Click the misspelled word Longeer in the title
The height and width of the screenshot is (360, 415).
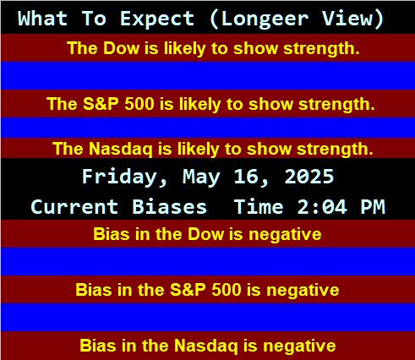[265, 19]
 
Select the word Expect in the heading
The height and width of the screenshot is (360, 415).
[157, 19]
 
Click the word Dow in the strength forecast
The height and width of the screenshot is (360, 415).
[121, 48]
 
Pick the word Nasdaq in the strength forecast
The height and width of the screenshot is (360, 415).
[121, 149]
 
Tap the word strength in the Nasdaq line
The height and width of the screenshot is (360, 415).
[335, 149]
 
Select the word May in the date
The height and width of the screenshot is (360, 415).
[201, 177]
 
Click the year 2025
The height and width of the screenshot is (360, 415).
[309, 177]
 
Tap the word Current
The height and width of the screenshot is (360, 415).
[74, 207]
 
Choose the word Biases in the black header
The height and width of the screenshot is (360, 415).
[169, 206]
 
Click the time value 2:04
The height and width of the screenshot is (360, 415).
[322, 207]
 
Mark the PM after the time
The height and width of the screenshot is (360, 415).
[373, 207]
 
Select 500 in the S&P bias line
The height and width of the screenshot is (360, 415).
[227, 290]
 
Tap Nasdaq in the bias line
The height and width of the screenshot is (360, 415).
[206, 346]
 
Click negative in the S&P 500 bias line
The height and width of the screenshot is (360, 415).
[303, 290]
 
